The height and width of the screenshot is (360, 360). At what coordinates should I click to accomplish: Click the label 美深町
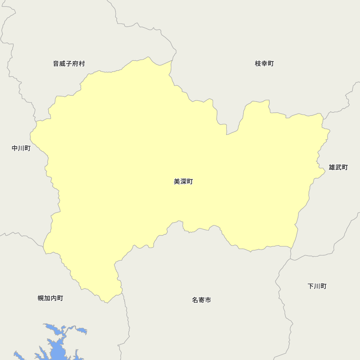point(183,182)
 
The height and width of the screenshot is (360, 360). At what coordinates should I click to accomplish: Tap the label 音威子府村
point(69,64)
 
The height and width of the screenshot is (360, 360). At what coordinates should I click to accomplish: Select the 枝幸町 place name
point(264,64)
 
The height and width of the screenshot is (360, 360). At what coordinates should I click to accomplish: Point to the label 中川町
point(21,148)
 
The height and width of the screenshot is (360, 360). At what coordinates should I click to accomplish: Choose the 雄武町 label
point(338,167)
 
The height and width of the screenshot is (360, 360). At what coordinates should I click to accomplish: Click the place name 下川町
point(317,286)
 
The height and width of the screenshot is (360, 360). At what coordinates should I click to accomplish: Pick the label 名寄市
point(202,300)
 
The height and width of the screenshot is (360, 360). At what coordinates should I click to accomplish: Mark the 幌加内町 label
point(50,298)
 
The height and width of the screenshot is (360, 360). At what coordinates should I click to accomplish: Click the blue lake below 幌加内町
point(56,347)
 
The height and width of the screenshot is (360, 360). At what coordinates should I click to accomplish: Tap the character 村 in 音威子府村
point(82,64)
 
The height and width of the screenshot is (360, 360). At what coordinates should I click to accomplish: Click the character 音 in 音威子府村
point(56,64)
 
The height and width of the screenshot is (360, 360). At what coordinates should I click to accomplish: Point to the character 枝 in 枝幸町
point(258,64)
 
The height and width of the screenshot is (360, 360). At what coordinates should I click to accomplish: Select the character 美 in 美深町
point(177,182)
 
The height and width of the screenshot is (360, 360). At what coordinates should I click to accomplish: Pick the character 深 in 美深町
point(183,182)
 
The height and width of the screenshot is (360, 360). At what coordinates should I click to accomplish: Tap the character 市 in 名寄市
point(208,300)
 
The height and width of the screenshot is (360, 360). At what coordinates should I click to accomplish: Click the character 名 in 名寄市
point(195,300)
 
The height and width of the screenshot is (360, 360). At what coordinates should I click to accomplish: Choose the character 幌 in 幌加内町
point(41,298)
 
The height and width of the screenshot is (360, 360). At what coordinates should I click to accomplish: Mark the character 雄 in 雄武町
point(332,167)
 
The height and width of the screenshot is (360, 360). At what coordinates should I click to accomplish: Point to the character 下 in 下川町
point(311,286)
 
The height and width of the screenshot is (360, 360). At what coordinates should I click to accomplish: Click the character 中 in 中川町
point(15,148)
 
